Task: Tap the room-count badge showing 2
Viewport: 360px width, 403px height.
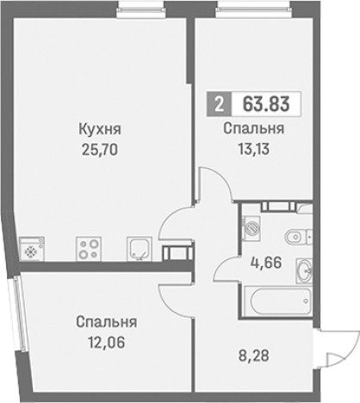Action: pos(219,105)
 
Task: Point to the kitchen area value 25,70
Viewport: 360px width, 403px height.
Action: pos(99,147)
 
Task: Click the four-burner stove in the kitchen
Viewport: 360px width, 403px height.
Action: pos(89,248)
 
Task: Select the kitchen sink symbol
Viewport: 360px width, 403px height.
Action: pos(137,248)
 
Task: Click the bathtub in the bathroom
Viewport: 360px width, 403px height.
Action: pos(276,301)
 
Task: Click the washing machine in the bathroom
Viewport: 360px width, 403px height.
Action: pos(251,227)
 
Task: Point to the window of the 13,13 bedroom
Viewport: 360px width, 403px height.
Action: pos(242,11)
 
